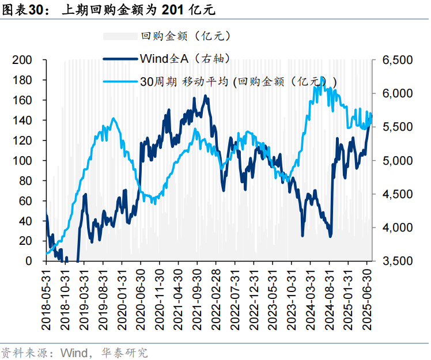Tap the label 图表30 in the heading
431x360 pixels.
pos(22,10)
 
